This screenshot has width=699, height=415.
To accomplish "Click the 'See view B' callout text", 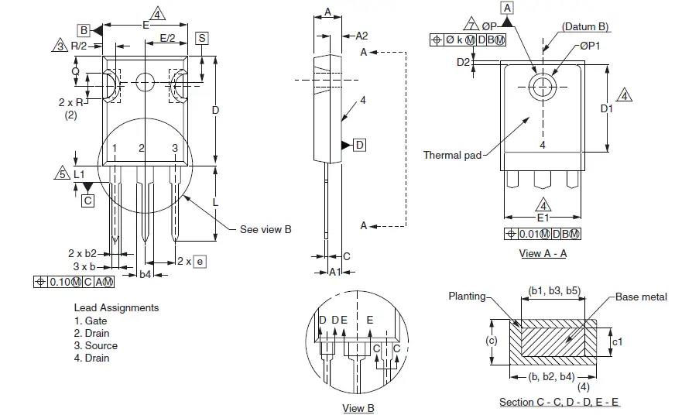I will [266, 229].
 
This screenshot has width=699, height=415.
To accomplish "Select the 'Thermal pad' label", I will [452, 155].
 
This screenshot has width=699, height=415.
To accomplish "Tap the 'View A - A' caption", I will [543, 253].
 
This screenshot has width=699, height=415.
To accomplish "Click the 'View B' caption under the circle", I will [358, 408].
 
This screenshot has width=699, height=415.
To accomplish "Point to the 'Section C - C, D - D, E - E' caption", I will [560, 402].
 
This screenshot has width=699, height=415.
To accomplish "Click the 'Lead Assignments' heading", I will [116, 307].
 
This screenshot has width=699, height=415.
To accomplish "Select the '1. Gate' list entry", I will [91, 321].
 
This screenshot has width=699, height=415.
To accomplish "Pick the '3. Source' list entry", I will [96, 345].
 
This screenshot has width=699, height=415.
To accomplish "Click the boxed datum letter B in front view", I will [84, 30].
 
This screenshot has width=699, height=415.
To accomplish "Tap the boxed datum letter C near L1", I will [87, 201].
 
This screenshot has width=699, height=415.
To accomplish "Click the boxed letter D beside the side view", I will [360, 145].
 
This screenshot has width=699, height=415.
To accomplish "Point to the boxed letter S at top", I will [201, 37].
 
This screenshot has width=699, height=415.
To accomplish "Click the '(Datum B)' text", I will [585, 26].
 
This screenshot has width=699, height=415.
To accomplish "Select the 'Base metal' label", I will [641, 297].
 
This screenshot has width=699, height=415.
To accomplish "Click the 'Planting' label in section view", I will [468, 296].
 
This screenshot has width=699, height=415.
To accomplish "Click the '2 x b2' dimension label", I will [82, 253].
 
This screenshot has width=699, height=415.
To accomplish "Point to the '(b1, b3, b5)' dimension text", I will [554, 290].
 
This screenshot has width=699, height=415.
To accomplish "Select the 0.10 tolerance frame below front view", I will [74, 281].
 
